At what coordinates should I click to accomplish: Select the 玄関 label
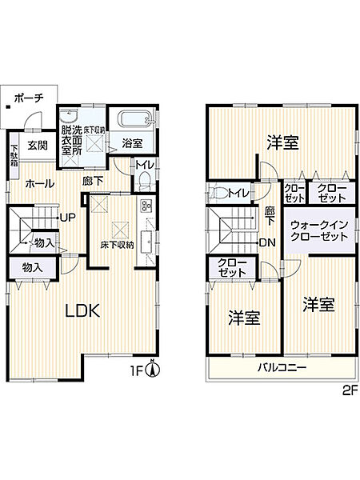pyautogui.click(x=36, y=145)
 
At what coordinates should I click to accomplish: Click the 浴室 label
pyautogui.click(x=132, y=143)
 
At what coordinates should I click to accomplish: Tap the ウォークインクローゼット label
pyautogui.click(x=318, y=230)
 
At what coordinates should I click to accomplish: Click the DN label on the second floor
pyautogui.click(x=267, y=243)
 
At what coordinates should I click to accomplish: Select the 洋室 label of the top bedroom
pyautogui.click(x=282, y=142)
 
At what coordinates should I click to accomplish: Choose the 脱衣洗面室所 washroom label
pyautogui.click(x=71, y=137)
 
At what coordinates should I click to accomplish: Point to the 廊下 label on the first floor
pyautogui.click(x=93, y=181)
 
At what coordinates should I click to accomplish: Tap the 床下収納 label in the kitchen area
pyautogui.click(x=115, y=245)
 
